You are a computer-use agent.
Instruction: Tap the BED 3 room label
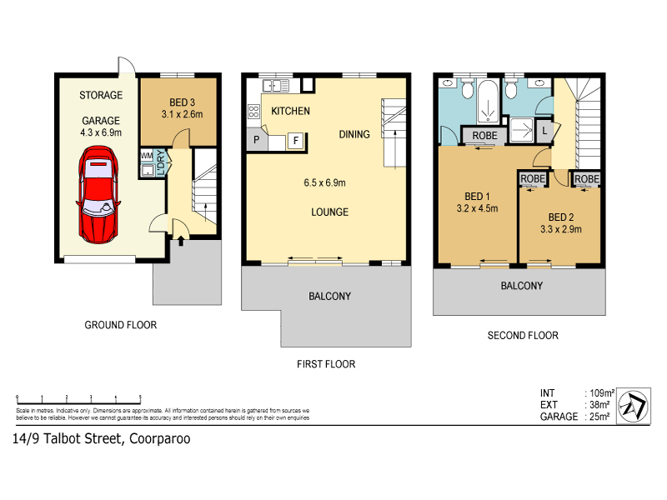click(177, 102)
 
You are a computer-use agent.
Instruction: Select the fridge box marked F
click(295, 141)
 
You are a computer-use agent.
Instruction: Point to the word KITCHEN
click(289, 111)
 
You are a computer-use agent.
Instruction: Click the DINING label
click(354, 134)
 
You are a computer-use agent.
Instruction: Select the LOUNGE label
click(329, 212)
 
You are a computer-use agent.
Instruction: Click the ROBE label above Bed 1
click(484, 135)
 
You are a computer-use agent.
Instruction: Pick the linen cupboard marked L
click(544, 130)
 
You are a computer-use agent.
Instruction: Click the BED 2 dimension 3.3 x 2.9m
click(560, 229)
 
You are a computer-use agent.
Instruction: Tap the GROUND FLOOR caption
click(121, 325)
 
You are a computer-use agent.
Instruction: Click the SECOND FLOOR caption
click(523, 336)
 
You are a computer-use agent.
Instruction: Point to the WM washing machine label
click(147, 156)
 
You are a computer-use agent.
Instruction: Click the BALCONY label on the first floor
click(329, 296)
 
